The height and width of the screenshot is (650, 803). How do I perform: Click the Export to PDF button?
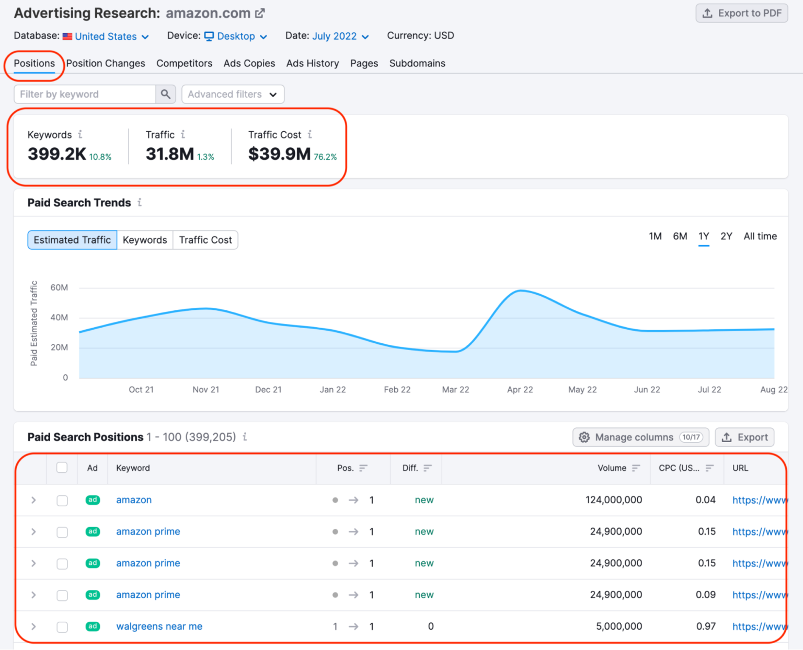741,13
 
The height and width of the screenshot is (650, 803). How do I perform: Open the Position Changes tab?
106,63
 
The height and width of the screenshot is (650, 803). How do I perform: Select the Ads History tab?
312,63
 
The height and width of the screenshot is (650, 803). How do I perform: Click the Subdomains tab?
417,63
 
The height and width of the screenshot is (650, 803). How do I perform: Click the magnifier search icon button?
165,94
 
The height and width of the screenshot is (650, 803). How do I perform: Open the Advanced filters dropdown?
233,94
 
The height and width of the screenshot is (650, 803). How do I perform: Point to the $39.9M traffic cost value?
279,154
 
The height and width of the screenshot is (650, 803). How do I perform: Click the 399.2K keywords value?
57,154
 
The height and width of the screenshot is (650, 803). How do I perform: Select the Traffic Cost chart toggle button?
205,240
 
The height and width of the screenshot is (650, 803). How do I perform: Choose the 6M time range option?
680,236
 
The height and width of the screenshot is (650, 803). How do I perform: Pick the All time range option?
760,236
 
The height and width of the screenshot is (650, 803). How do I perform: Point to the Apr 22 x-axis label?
520,389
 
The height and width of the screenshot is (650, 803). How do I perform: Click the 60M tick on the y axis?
59,287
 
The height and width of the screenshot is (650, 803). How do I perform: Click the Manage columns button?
640,437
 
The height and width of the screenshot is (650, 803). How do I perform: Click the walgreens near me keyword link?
159,626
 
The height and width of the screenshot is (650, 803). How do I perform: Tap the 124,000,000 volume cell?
613,500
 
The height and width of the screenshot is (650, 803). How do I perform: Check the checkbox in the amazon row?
62,500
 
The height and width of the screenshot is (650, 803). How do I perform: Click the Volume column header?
612,468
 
